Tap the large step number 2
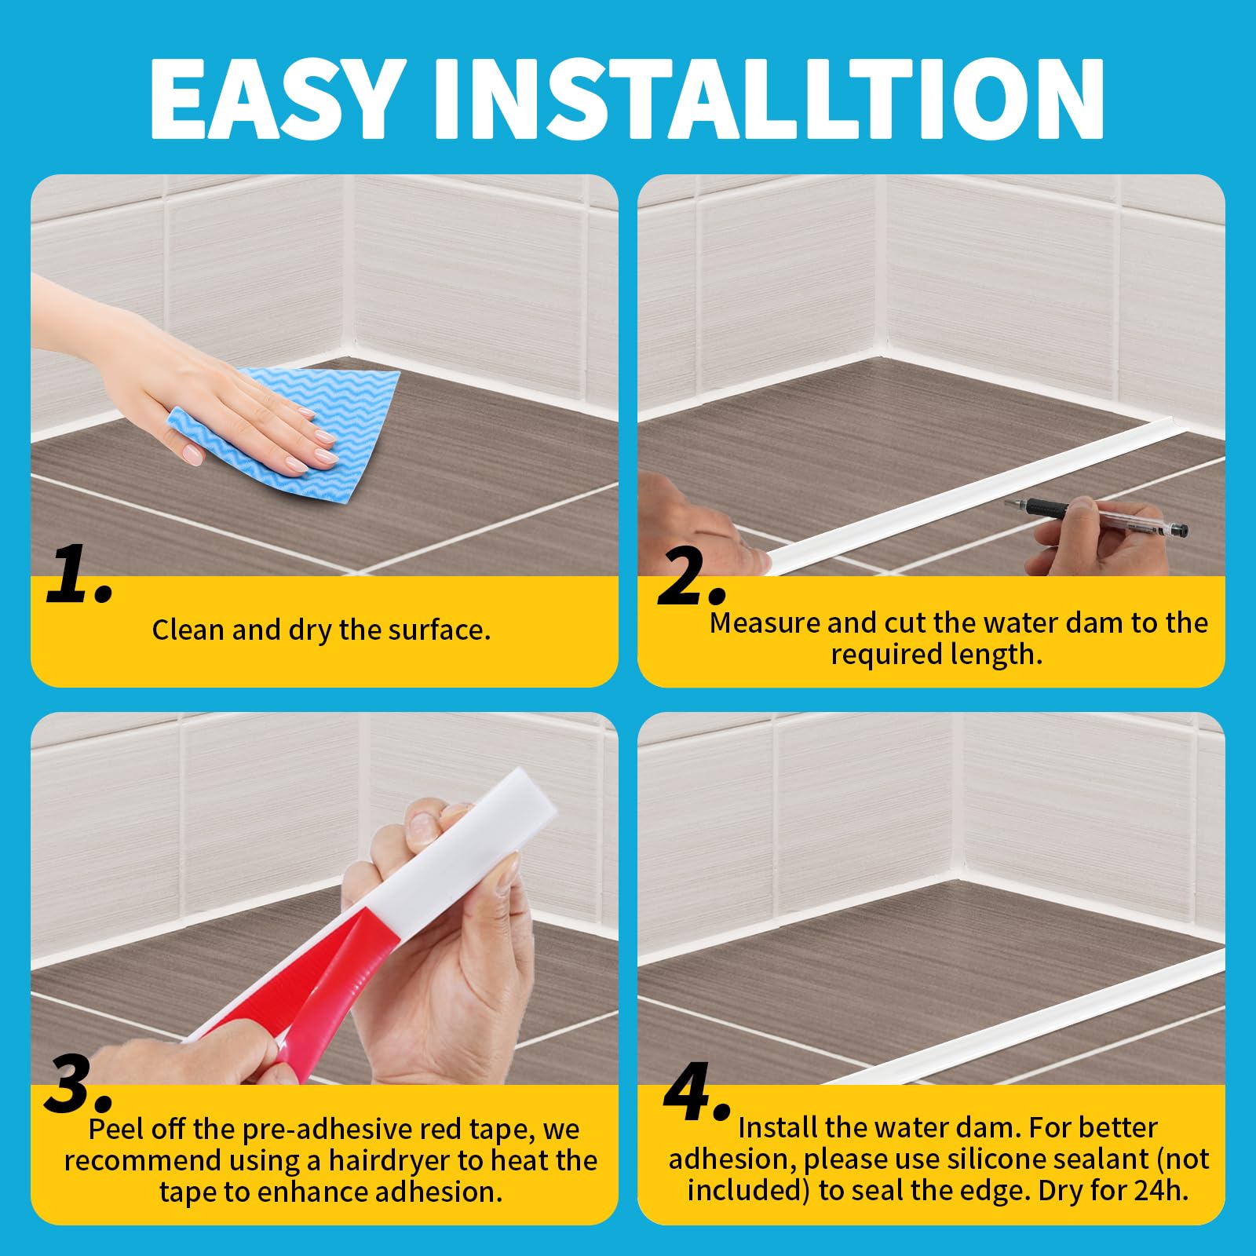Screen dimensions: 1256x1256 click(x=691, y=578)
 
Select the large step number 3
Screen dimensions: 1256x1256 click(x=78, y=1084)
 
